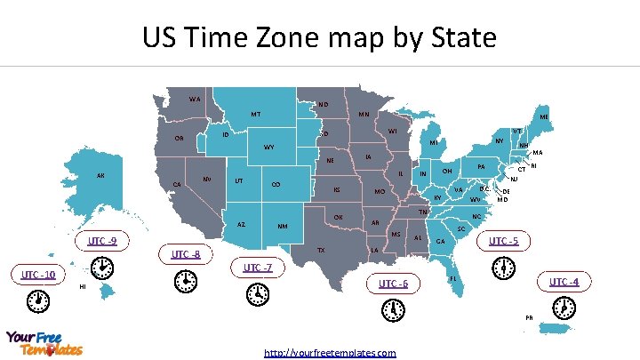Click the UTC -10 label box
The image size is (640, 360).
click(x=37, y=275)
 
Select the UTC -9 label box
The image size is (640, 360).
click(x=102, y=240)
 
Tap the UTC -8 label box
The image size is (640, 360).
click(x=186, y=255)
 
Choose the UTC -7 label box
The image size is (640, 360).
click(x=258, y=268)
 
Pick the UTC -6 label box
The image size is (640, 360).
click(x=392, y=284)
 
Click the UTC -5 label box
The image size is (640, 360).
click(x=503, y=241)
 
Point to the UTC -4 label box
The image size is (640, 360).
click(x=564, y=282)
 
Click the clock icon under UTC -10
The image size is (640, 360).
click(x=39, y=303)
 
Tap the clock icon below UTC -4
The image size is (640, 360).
click(x=562, y=308)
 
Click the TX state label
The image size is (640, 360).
click(x=321, y=251)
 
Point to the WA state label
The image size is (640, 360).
click(x=194, y=99)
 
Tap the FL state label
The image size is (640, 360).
click(x=453, y=279)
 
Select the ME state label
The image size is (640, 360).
click(x=543, y=116)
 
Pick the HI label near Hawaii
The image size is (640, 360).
click(x=82, y=287)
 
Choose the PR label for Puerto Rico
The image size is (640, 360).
click(x=529, y=317)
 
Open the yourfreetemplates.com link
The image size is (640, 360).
click(x=330, y=353)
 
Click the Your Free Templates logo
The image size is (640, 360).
click(x=44, y=343)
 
